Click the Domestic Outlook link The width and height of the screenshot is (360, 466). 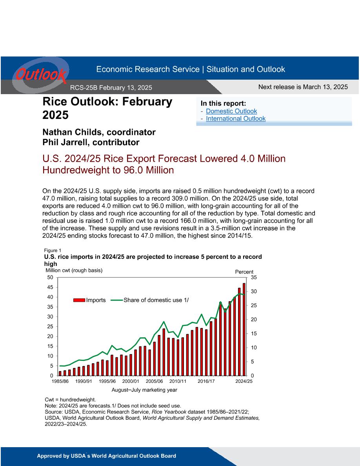[231, 111]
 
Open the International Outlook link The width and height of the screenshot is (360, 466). [236, 118]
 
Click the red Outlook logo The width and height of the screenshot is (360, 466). [41, 75]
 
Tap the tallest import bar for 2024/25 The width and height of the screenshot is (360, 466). [244, 329]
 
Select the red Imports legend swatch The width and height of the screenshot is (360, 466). [79, 300]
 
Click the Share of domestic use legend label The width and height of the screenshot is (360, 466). [156, 300]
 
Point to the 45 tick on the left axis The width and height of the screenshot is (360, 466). [50, 287]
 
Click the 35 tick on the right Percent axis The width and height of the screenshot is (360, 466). [254, 278]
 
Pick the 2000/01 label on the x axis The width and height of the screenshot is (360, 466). [131, 381]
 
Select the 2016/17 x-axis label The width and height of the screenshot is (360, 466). [206, 381]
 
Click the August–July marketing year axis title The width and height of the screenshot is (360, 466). [144, 390]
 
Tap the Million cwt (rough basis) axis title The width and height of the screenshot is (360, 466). [74, 270]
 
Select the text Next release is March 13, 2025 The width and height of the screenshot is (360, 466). [303, 87]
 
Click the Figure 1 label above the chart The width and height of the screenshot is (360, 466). [53, 251]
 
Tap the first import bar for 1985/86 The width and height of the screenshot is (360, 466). [60, 373]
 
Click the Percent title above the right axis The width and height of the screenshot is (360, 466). [244, 272]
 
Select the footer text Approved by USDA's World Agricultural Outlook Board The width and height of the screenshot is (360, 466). [106, 456]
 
